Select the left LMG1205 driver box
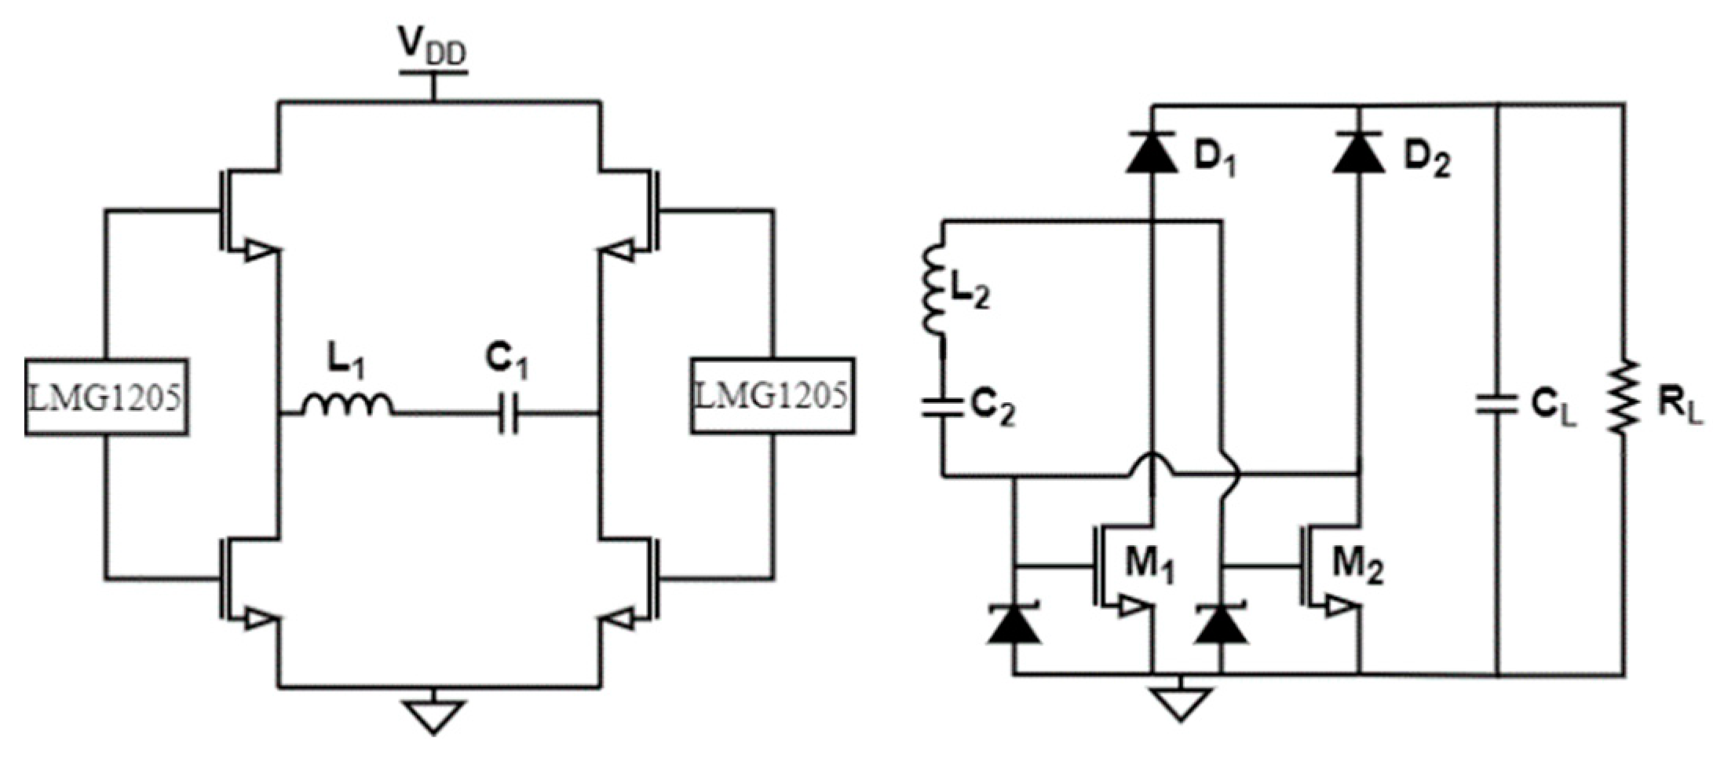point(107,397)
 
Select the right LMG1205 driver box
point(772,395)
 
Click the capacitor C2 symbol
point(943,406)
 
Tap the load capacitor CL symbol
point(1497,405)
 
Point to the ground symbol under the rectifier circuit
point(1180,701)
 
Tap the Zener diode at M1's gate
point(1014,624)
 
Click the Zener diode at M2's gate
point(1221,624)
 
